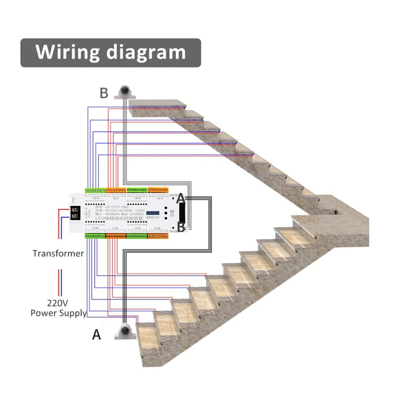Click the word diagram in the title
[x=146, y=52]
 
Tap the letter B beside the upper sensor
[x=104, y=93]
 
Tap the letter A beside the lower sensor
[x=97, y=335]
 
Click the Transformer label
[x=58, y=253]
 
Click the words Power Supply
[x=58, y=313]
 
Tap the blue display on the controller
[x=153, y=211]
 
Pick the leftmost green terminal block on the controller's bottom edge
[x=95, y=236]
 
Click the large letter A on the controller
[x=181, y=198]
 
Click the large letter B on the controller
[x=181, y=227]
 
